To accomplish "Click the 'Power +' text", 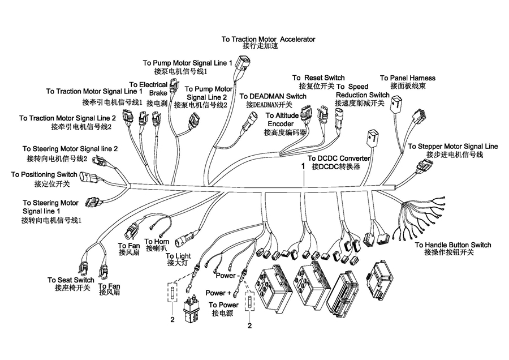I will click(x=218, y=293).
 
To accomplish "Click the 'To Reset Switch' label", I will click(x=318, y=78).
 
